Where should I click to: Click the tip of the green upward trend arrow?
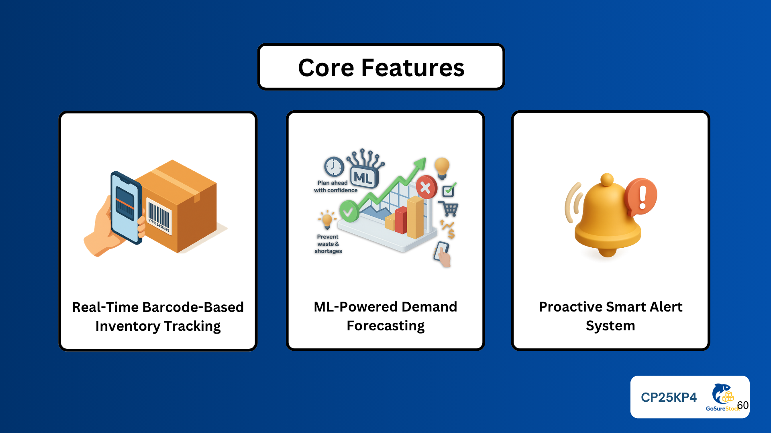pos(424,159)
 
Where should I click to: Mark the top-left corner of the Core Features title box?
pos(258,44)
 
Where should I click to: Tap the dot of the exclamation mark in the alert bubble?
pos(642,206)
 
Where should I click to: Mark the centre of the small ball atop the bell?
pos(607,180)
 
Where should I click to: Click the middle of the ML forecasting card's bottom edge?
pos(385,350)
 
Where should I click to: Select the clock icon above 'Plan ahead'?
pos(334,167)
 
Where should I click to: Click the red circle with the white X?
pos(426,187)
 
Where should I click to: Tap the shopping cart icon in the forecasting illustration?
pos(449,209)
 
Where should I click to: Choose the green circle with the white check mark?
pos(349,211)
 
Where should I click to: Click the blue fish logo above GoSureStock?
pos(722,394)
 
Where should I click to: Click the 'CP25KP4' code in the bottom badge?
pos(669,397)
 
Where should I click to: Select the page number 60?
pos(743,405)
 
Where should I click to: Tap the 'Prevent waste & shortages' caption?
pos(328,244)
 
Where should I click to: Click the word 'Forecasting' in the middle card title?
pos(385,326)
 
